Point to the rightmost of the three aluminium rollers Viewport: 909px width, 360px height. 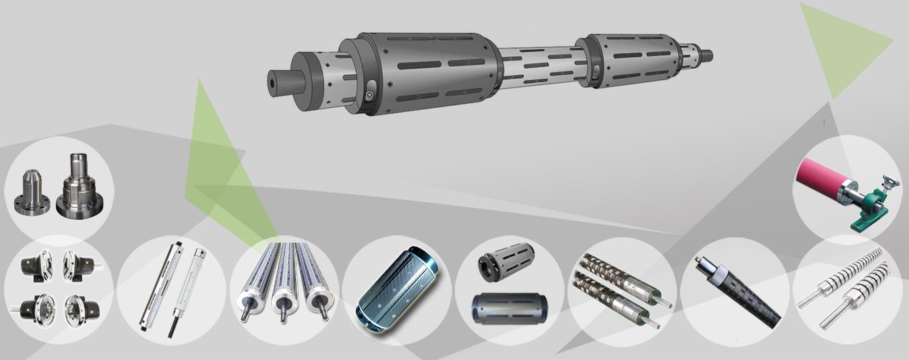[319, 283]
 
